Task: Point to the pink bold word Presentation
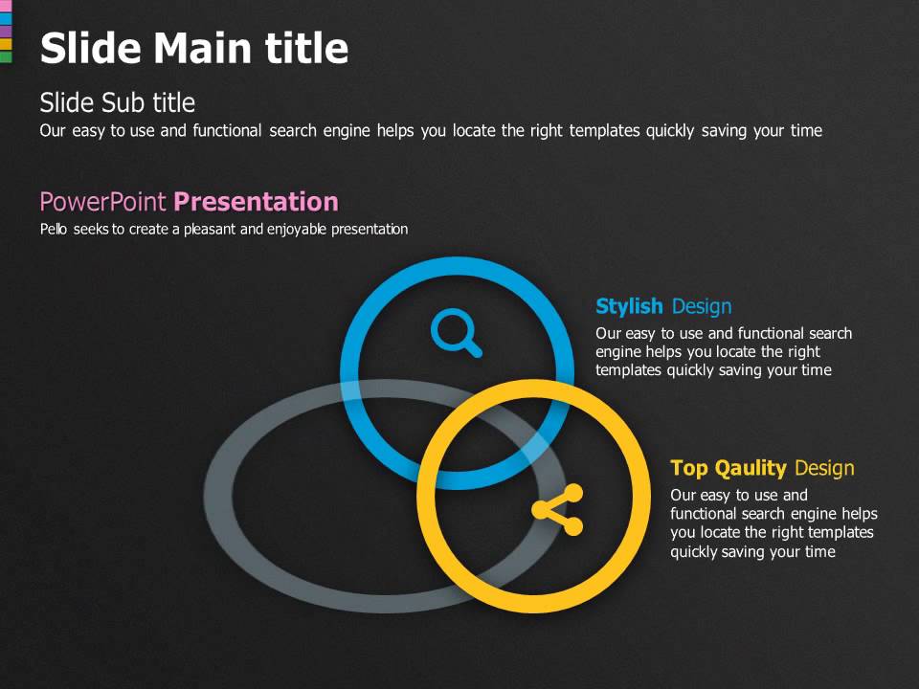[x=256, y=202]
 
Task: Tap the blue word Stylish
[x=629, y=306]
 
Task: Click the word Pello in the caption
[x=53, y=230]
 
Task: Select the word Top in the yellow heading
[x=688, y=468]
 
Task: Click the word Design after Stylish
[x=702, y=306]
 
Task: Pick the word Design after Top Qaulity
[x=824, y=468]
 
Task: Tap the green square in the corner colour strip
[x=6, y=57]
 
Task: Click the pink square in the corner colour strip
[x=6, y=6]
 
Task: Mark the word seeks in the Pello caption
[x=90, y=230]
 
